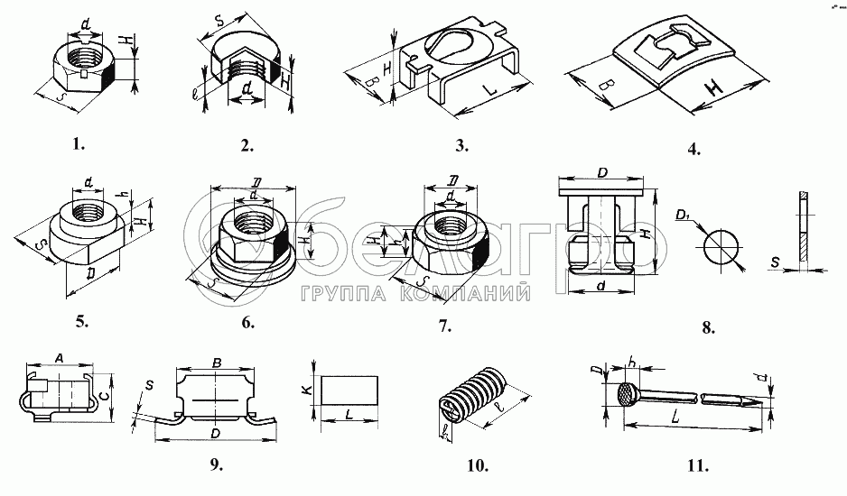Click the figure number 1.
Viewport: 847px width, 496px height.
(79, 142)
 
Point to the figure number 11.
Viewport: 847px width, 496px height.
(696, 466)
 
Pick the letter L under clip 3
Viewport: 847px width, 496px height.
(489, 92)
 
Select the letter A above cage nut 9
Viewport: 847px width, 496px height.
(58, 357)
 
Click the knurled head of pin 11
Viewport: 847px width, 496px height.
(625, 394)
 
